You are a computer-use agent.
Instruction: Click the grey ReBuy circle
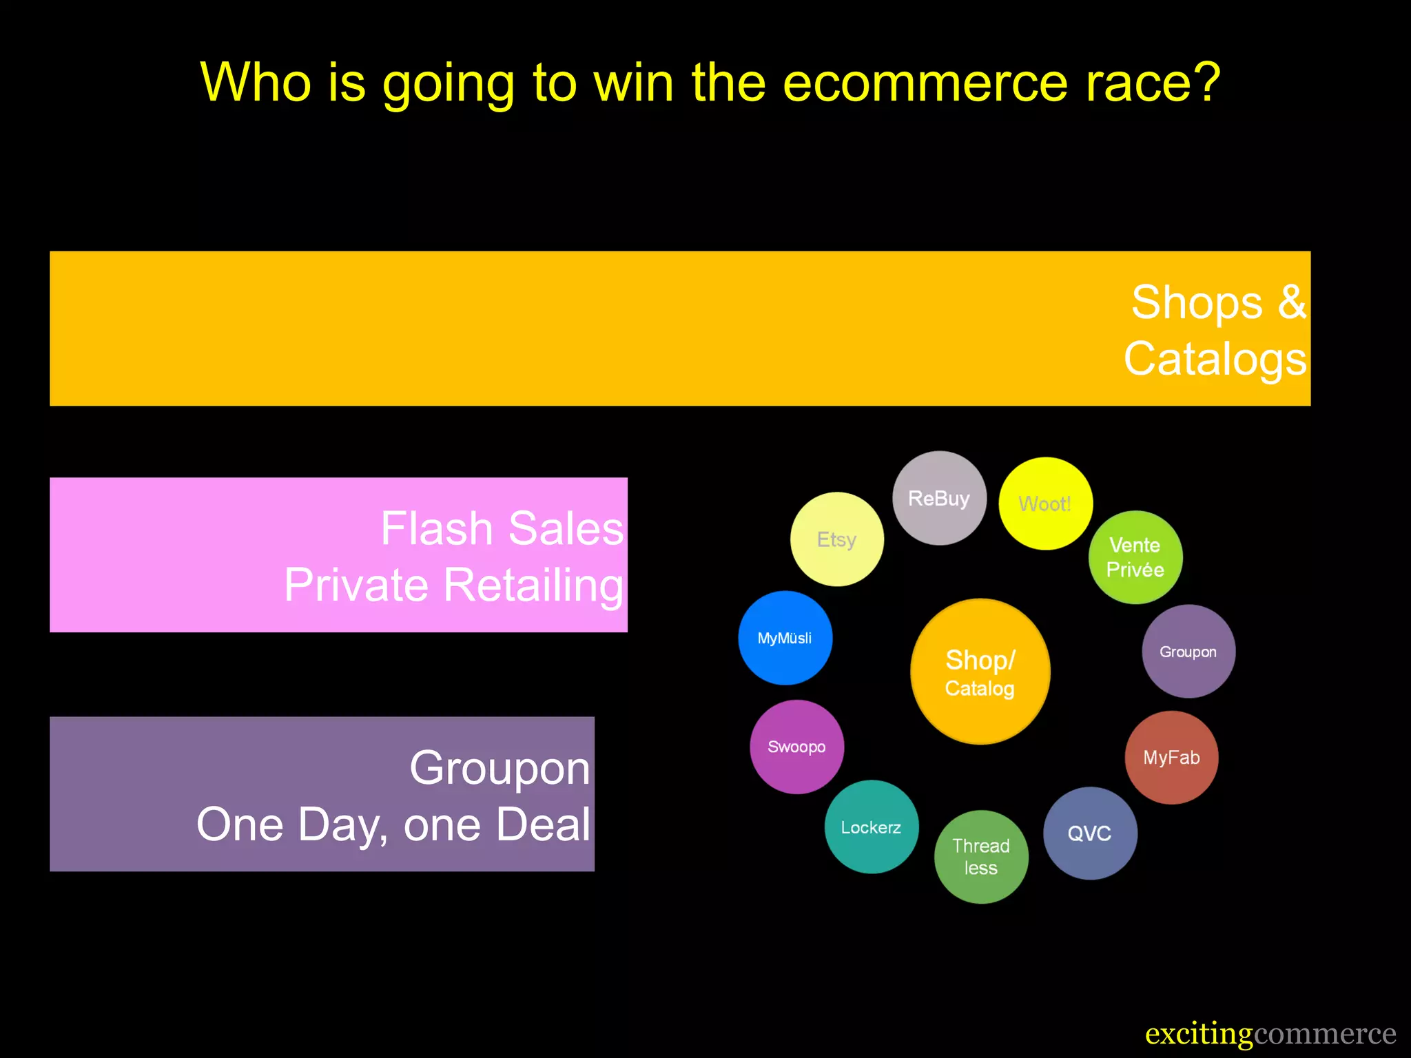pos(939,498)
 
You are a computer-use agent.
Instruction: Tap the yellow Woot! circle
pos(1045,504)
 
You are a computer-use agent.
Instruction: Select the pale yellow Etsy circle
pos(836,539)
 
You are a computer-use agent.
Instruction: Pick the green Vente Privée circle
pos(1135,557)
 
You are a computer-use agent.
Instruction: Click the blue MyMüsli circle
pos(785,638)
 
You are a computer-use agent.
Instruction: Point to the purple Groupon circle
pos(1188,652)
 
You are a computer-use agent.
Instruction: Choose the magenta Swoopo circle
pos(796,747)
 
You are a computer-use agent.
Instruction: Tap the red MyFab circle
pos(1171,758)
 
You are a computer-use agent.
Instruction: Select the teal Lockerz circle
pos(871,827)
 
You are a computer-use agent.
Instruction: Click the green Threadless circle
pos(981,857)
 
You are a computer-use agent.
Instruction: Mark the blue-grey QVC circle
pos(1090,833)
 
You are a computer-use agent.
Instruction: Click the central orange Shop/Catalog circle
pos(980,672)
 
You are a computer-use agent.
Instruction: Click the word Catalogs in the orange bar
pos(1215,359)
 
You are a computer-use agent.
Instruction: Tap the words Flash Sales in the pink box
pos(502,528)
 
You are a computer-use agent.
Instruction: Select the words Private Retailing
pos(453,585)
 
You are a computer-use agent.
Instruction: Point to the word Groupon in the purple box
pos(499,767)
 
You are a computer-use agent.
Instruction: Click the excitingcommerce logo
pos(1270,1034)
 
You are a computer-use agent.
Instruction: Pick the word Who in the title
pos(255,83)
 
